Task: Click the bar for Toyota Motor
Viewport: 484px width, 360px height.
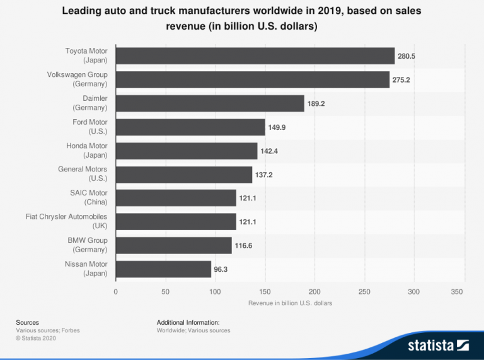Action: tap(255, 55)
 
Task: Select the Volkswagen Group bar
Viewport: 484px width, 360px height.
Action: tap(253, 79)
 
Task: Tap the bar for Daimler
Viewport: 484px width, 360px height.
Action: tap(210, 103)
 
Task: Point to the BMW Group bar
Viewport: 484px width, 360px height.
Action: tap(174, 245)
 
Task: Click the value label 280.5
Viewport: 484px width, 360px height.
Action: tap(406, 56)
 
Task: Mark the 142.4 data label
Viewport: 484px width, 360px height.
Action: tap(270, 151)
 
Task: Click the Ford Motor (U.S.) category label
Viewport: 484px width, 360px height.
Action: tap(90, 127)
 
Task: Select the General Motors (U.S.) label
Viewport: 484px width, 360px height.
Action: tap(83, 174)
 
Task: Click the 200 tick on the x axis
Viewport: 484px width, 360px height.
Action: tap(314, 291)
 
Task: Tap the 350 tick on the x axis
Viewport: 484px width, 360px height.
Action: tap(458, 291)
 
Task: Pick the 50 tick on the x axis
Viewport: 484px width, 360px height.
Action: tap(166, 291)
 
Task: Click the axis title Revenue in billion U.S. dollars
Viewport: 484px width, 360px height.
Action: tap(290, 303)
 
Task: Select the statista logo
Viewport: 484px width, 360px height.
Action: tap(438, 345)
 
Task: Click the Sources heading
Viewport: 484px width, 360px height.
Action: tap(27, 322)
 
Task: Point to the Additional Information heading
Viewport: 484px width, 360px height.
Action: tap(188, 322)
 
